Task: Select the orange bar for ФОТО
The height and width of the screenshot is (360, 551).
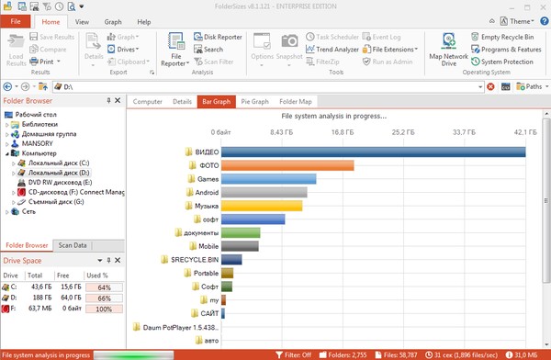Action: point(287,165)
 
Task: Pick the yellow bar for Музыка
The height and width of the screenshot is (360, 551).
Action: point(263,207)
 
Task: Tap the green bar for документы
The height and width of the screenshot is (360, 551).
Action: point(241,233)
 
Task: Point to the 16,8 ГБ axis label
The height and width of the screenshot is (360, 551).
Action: point(342,132)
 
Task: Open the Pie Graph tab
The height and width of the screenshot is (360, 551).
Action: point(253,101)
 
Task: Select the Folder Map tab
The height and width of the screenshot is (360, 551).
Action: point(296,101)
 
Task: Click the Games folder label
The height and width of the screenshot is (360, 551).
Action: point(208,179)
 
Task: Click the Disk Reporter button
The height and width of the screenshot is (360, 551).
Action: point(217,38)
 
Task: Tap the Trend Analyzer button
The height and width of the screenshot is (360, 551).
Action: point(332,50)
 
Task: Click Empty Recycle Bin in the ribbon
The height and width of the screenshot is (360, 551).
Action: point(507,38)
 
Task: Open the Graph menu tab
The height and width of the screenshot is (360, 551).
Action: point(113,21)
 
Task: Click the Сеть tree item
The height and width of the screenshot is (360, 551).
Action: point(29,212)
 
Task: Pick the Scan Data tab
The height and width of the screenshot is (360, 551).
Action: point(73,245)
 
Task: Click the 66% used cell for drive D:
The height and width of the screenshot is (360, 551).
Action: point(104,298)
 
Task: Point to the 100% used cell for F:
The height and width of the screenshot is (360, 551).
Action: point(104,309)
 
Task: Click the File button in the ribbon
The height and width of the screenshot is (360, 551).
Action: point(16,21)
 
